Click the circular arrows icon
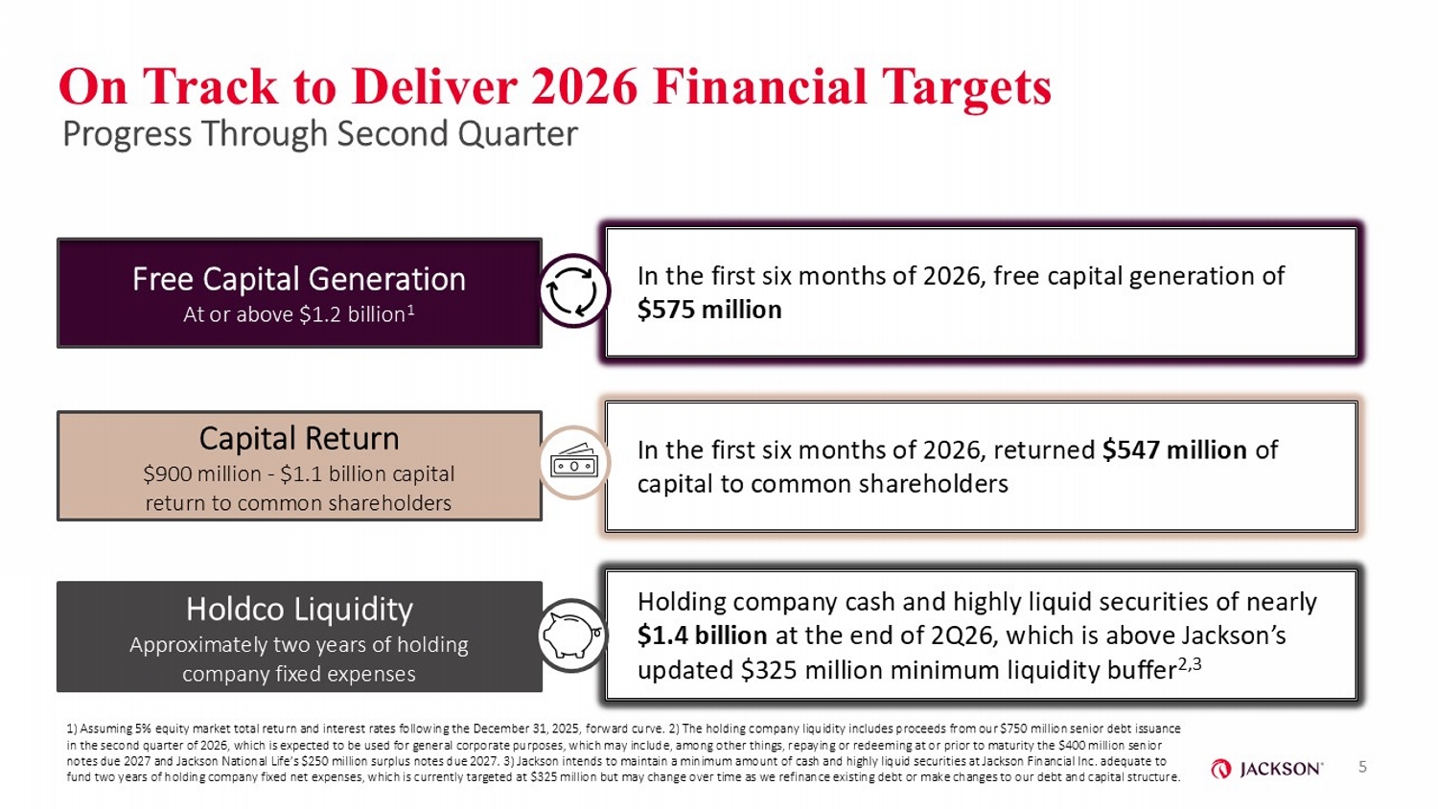coord(572,292)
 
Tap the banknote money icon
coord(573,462)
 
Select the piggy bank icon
coord(572,635)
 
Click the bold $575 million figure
coord(709,310)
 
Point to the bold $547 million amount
coord(1174,450)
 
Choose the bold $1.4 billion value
coord(702,635)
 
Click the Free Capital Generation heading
coord(299,279)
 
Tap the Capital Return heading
coord(299,438)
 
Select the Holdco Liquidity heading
coord(299,609)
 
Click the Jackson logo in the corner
coord(1266,769)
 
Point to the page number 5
coord(1362,767)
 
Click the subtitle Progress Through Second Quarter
coord(319,134)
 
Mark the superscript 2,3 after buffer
coord(1190,664)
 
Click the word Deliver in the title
coord(434,86)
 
